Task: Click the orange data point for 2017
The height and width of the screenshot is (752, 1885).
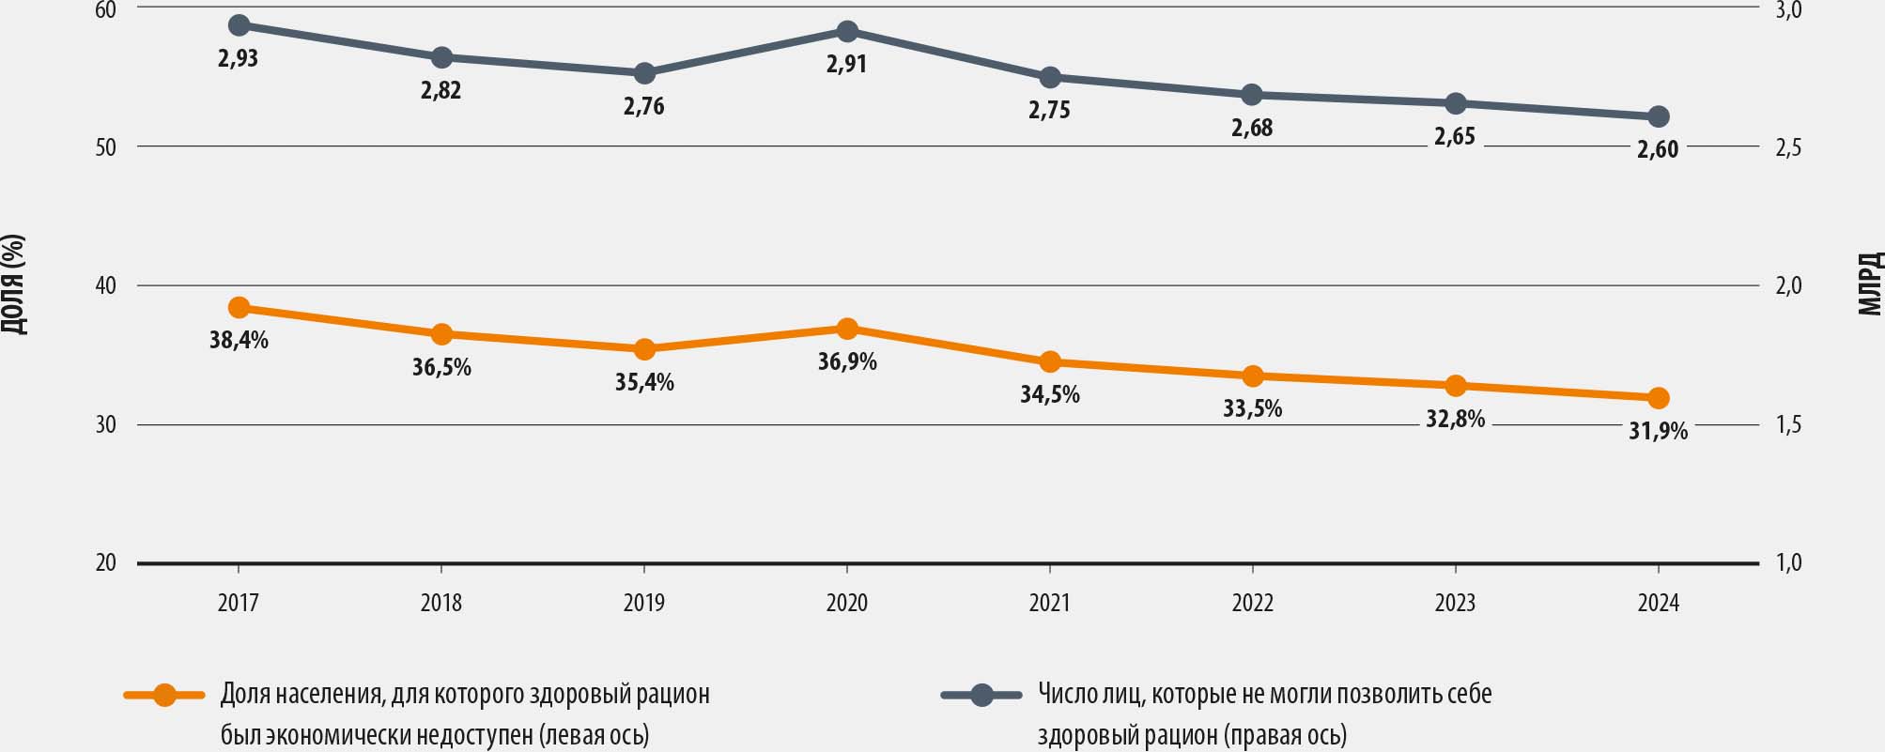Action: [239, 308]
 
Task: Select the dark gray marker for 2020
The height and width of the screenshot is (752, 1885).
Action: [847, 32]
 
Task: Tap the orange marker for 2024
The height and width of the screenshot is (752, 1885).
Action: [1659, 398]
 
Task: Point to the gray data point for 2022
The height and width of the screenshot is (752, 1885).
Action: [1252, 95]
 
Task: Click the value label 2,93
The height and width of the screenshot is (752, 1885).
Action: [238, 59]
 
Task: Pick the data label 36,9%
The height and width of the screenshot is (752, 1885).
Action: [847, 361]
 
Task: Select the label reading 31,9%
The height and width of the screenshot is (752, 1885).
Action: [1659, 431]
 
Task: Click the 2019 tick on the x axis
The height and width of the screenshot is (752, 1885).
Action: [644, 603]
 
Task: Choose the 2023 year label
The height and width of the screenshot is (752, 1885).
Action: [1455, 603]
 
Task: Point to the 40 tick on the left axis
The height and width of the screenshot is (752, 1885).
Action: [106, 285]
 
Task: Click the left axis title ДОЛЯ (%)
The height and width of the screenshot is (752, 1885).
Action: [14, 284]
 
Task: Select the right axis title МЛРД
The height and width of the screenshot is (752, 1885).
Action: [1871, 284]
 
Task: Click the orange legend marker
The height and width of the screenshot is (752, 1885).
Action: [164, 696]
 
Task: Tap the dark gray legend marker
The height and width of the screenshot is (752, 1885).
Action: [981, 696]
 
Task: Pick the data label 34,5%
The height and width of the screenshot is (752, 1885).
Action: [1050, 395]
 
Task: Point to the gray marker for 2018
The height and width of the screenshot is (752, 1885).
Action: [441, 57]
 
